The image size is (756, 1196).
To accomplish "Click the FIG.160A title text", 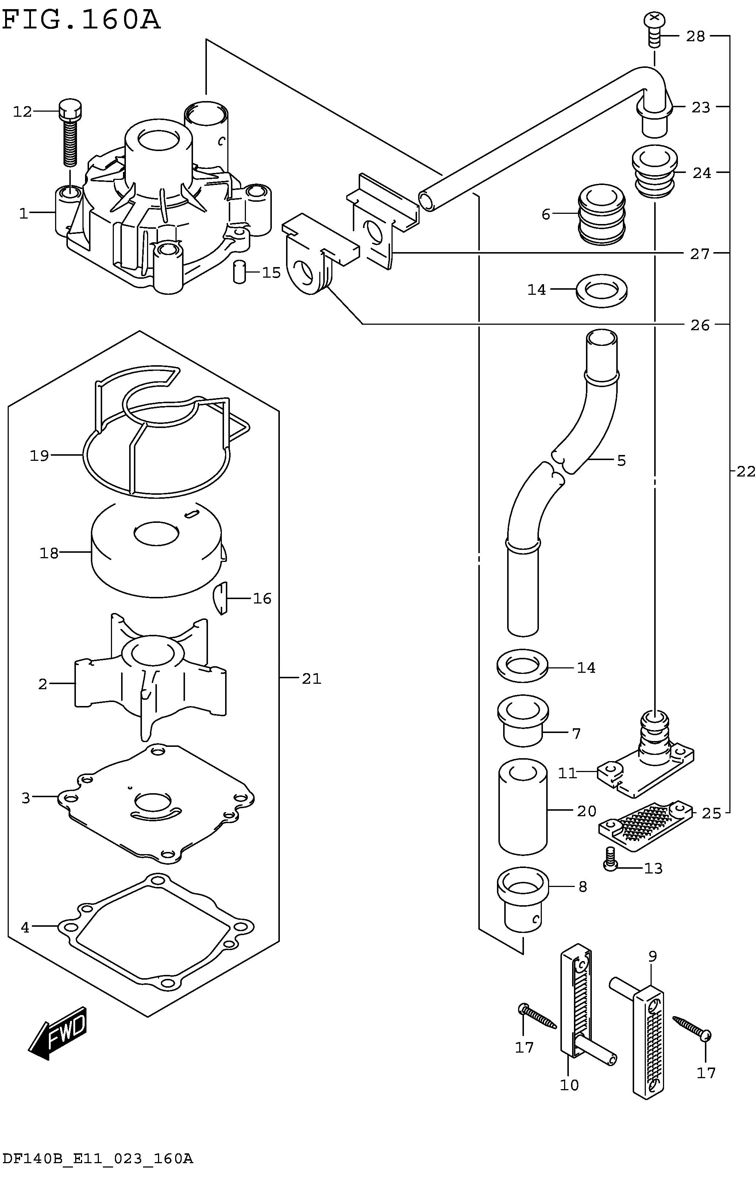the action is [x=81, y=21].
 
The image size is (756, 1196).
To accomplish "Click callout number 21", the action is [x=312, y=679].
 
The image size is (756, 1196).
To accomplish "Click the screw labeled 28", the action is [x=655, y=29].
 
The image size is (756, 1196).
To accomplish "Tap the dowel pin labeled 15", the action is [x=239, y=272].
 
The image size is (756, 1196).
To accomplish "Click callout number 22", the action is [x=745, y=472].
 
